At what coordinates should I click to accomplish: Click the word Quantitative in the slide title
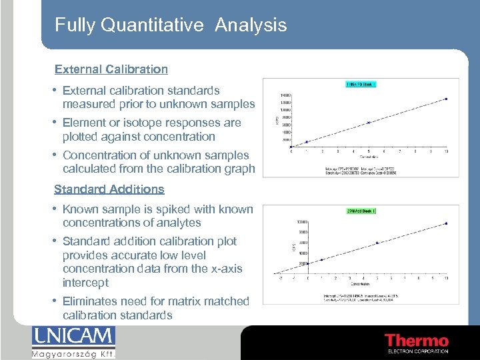pyautogui.click(x=152, y=25)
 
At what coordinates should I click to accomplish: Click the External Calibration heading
pyautogui.click(x=111, y=69)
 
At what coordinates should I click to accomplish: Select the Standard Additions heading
pyautogui.click(x=109, y=189)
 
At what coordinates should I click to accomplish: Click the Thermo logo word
pyautogui.click(x=417, y=341)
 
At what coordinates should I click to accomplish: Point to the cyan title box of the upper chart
pyautogui.click(x=361, y=85)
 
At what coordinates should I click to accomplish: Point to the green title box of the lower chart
pyautogui.click(x=362, y=211)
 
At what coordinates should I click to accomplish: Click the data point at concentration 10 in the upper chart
pyautogui.click(x=446, y=99)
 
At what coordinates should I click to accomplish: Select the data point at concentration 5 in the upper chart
pyautogui.click(x=369, y=123)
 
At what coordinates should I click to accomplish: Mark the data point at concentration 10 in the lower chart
pyautogui.click(x=446, y=223)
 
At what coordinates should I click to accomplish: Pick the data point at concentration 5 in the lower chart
pyautogui.click(x=377, y=243)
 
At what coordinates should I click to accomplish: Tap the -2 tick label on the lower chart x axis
pyautogui.click(x=281, y=279)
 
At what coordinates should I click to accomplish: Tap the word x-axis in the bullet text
pyautogui.click(x=225, y=269)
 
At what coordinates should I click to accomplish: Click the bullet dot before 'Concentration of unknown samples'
pyautogui.click(x=56, y=155)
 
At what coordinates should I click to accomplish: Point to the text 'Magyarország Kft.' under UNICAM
pyautogui.click(x=73, y=353)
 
